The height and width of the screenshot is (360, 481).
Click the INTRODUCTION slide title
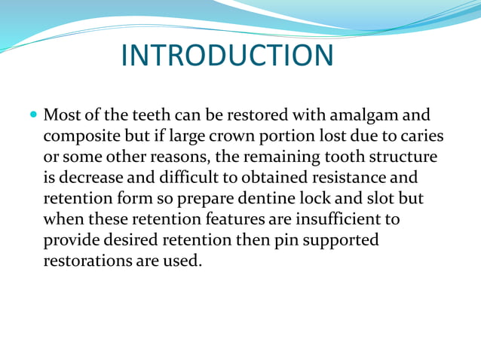click(x=226, y=56)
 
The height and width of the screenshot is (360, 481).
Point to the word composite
click(x=79, y=138)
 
